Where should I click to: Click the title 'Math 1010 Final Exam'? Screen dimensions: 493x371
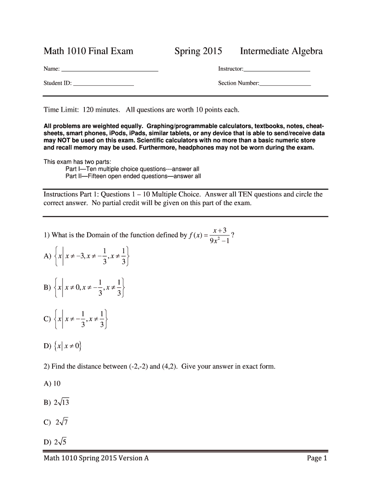click(89, 51)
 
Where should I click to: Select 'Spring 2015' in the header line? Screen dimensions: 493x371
click(198, 51)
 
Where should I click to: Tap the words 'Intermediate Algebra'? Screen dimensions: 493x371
click(281, 51)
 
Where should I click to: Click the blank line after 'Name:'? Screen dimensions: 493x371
click(110, 70)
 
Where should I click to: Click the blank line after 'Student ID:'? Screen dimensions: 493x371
click(104, 85)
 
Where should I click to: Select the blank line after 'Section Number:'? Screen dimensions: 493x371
click(285, 85)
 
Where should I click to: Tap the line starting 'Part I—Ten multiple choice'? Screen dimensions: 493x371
click(132, 169)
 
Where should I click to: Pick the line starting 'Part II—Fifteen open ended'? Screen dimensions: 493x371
click(133, 176)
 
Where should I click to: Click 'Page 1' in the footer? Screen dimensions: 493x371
click(317, 458)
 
